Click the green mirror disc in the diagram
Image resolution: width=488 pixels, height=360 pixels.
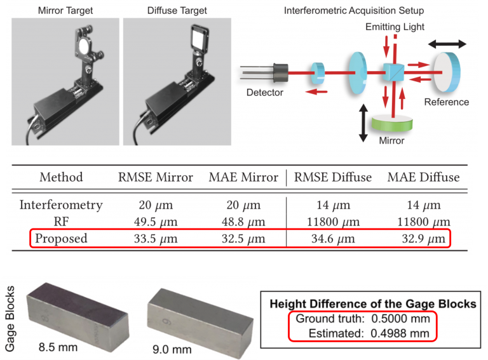[x=392, y=123]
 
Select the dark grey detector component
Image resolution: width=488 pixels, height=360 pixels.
[x=280, y=73]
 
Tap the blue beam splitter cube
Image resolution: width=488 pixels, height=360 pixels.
[x=393, y=72]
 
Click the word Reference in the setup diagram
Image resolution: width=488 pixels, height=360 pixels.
[x=446, y=102]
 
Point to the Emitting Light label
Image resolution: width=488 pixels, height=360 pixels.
[x=395, y=27]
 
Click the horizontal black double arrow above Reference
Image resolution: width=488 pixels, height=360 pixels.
[x=447, y=44]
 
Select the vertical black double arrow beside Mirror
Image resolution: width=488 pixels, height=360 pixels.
[x=363, y=123]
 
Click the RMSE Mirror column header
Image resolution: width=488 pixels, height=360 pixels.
[x=155, y=177]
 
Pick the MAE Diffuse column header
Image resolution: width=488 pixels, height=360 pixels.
[x=423, y=177]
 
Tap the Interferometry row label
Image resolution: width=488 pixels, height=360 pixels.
[x=61, y=205]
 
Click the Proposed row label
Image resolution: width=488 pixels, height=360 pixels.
[x=61, y=239]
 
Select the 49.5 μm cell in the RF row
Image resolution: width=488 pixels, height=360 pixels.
[x=156, y=222]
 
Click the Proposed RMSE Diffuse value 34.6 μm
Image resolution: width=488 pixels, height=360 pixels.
[x=333, y=239]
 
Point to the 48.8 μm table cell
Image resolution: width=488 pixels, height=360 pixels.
[x=243, y=222]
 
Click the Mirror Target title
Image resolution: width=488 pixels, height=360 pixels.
[x=65, y=11]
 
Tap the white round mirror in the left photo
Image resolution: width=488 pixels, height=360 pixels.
[x=83, y=46]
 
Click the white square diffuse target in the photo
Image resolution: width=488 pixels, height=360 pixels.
[x=198, y=37]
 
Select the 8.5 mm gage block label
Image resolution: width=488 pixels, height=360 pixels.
[x=58, y=347]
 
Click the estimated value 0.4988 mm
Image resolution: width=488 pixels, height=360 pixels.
[x=400, y=333]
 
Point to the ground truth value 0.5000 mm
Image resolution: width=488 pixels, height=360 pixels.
[x=400, y=319]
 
